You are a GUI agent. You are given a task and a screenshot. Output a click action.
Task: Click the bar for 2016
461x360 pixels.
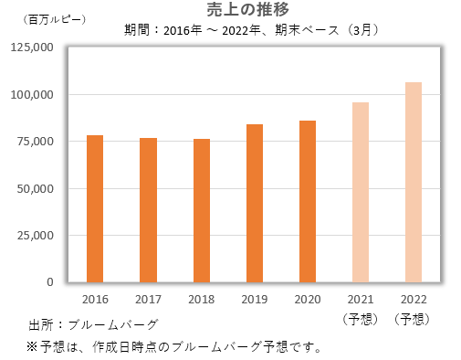(x=95, y=209)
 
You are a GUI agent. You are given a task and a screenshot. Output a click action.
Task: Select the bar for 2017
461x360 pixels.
(x=148, y=210)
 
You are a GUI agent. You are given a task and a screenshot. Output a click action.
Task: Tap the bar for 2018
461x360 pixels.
(x=202, y=211)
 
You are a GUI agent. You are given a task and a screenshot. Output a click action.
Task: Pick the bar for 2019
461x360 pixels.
(x=255, y=204)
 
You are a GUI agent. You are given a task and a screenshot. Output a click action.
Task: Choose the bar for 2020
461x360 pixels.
(x=308, y=202)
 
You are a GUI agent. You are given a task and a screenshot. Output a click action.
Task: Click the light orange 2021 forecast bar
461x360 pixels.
(x=361, y=193)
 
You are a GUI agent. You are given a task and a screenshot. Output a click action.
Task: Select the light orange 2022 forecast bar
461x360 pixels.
(x=414, y=183)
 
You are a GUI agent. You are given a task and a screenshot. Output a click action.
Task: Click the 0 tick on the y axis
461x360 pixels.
(x=51, y=282)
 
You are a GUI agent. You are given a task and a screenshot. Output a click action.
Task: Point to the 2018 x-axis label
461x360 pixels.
(x=202, y=300)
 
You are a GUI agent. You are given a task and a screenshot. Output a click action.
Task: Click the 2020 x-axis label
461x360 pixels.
(x=308, y=300)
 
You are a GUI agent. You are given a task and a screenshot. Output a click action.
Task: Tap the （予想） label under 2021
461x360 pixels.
(x=361, y=318)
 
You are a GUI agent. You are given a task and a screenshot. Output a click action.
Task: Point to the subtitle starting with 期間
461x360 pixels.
(x=251, y=28)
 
